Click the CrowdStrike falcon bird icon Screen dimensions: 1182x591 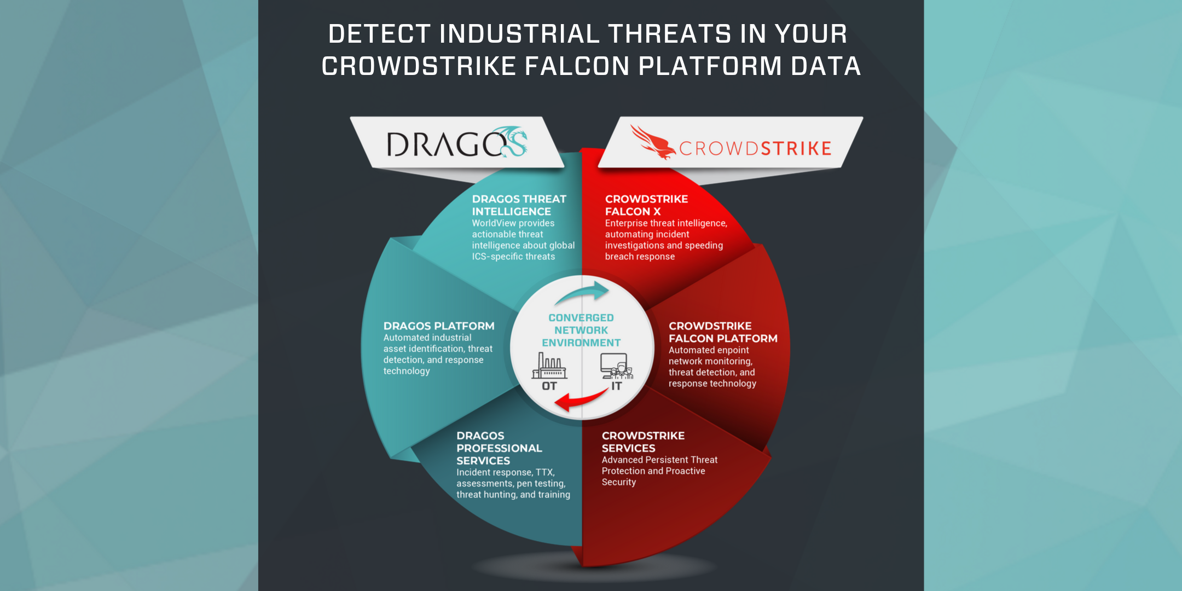(653, 142)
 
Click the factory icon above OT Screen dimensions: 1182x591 (549, 366)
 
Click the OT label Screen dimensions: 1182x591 (549, 386)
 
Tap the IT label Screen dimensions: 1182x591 (617, 386)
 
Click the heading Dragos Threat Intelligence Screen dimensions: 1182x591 (519, 205)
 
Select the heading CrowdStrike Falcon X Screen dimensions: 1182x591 (646, 205)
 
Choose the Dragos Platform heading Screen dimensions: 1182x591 (439, 326)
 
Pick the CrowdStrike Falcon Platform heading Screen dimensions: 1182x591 (723, 332)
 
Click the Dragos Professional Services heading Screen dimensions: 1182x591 (499, 448)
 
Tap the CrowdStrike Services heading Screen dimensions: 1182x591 (643, 442)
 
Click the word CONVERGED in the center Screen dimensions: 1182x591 (581, 318)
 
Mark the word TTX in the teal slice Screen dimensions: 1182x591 (545, 473)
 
